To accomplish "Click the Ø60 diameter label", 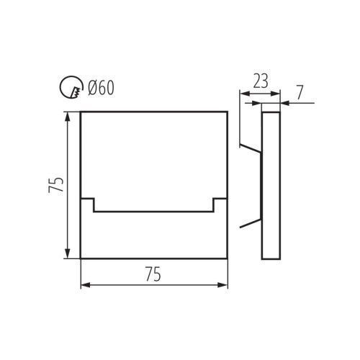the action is point(101,88).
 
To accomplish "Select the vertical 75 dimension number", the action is point(55,185).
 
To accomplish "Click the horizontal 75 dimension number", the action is point(153,274).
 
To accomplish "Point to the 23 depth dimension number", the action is point(261,81).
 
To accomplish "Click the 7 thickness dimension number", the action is point(300,92).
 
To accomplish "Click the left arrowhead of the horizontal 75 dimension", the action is point(85,285).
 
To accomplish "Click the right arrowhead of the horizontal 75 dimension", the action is point(222,285).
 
